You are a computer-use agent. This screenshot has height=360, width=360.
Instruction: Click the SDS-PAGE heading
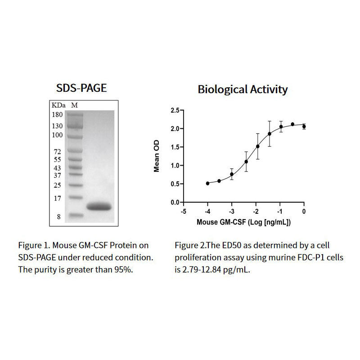coord(81,88)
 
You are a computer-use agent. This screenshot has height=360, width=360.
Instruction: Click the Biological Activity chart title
coord(243,89)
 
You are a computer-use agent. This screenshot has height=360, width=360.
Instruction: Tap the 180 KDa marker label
coord(57,115)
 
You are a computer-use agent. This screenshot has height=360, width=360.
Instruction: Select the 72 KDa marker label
coord(58,152)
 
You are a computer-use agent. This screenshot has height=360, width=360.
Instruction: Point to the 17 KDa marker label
coord(58,198)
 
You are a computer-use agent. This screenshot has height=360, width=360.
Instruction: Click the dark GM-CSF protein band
coord(99,207)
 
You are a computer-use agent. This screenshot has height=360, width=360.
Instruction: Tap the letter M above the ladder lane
coord(75,105)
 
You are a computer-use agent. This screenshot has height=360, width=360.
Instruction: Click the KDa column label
coord(58,105)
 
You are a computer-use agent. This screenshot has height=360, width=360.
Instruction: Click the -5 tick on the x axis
coord(183,211)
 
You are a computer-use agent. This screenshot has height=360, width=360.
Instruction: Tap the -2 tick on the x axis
coord(256,211)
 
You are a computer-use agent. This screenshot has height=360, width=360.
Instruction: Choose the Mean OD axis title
coord(157,156)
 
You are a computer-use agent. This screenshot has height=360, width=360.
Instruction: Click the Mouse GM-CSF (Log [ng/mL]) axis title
coord(243,222)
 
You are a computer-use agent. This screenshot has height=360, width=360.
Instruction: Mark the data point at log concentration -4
coord(207,183)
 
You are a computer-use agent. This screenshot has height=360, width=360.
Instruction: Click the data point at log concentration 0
coord(304,126)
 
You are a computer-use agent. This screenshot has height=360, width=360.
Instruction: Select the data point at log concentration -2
coord(257,146)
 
